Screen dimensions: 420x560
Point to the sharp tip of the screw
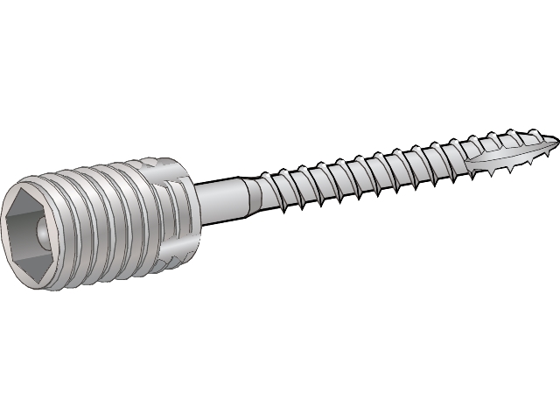tap(557, 137)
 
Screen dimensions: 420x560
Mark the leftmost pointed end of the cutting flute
tap(468, 166)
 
